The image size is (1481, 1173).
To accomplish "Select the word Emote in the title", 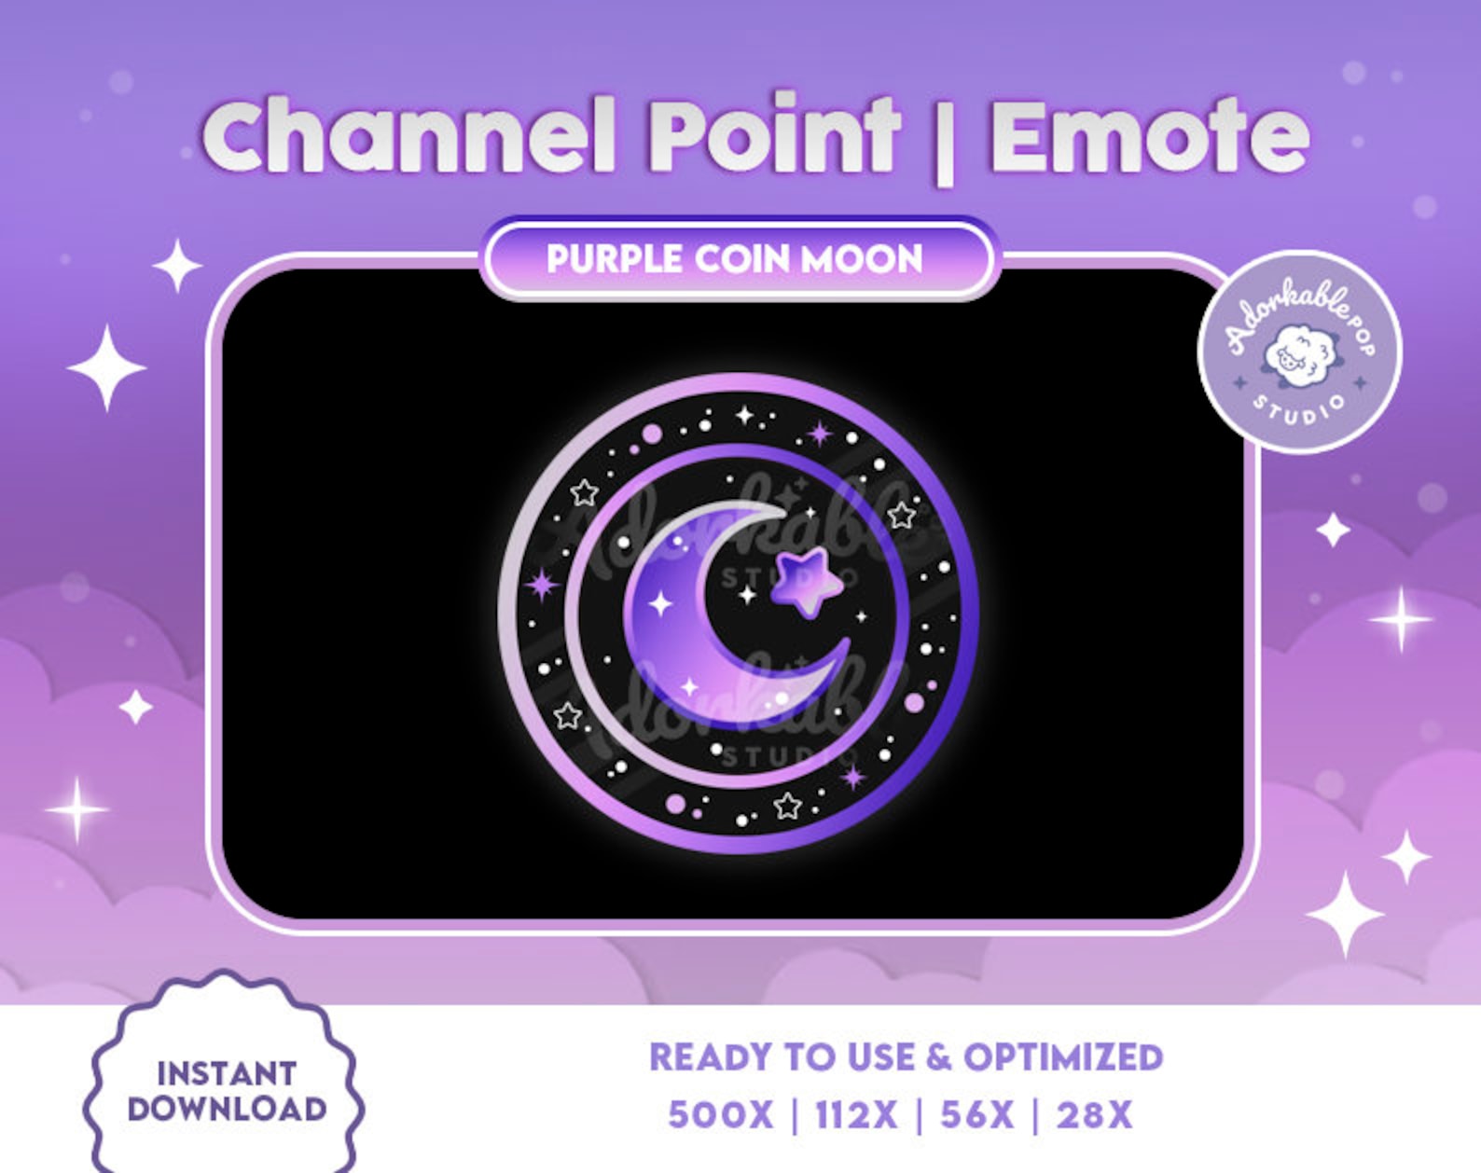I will tap(1149, 138).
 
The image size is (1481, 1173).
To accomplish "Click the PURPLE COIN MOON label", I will tap(735, 258).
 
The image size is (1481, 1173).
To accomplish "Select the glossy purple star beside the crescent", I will tap(806, 581).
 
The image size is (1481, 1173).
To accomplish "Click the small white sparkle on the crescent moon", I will tap(660, 603).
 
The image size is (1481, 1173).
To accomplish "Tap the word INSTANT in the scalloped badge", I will tap(227, 1073).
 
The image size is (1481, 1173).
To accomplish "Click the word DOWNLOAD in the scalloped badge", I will tap(227, 1109).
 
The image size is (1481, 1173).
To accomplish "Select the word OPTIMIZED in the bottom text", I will tap(1063, 1057).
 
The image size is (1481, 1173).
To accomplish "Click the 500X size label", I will tap(720, 1115).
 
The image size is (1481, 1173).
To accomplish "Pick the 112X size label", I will tap(855, 1115).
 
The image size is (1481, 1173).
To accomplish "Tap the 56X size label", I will tap(976, 1115).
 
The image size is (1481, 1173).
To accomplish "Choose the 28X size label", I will tap(1093, 1115).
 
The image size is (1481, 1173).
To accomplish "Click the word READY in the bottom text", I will tap(712, 1057).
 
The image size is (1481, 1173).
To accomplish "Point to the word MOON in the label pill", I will tap(863, 258).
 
